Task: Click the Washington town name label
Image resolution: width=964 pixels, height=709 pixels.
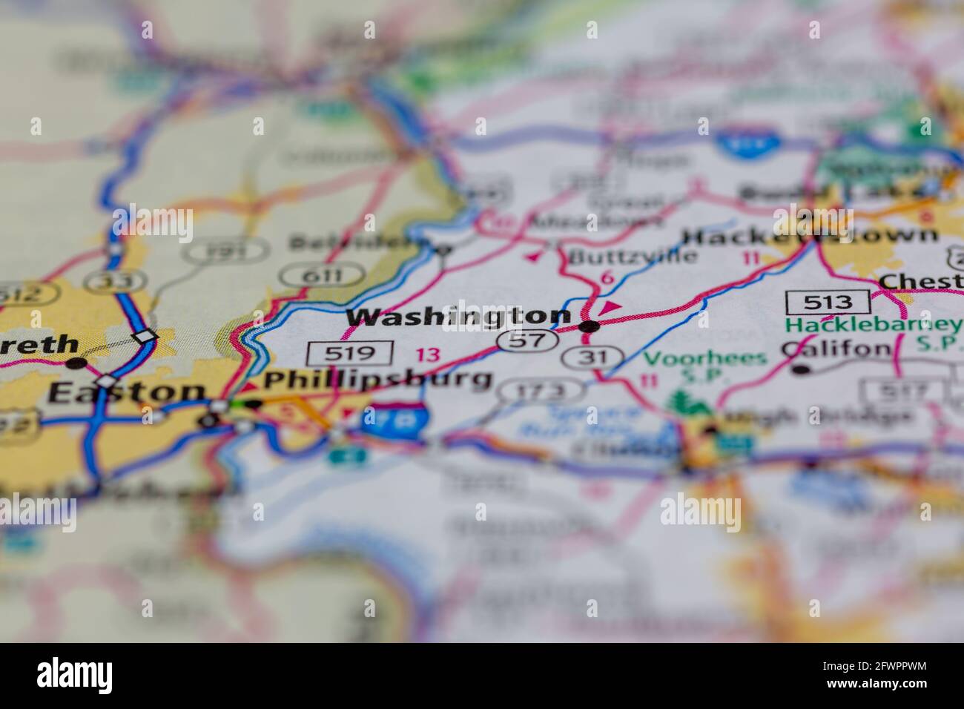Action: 458,318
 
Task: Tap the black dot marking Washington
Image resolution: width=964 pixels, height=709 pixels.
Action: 590,326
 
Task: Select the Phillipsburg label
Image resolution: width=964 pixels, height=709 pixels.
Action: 378,380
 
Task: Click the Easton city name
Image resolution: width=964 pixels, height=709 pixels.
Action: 126,392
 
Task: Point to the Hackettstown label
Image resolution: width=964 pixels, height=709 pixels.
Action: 808,237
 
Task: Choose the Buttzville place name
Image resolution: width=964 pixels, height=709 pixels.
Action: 633,257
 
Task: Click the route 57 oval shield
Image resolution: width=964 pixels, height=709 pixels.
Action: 527,340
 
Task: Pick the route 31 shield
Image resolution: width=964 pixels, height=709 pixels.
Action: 590,357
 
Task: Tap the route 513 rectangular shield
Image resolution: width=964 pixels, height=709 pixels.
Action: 828,302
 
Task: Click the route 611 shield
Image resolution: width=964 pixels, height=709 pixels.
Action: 326,275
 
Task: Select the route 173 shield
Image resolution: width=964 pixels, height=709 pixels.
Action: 541,391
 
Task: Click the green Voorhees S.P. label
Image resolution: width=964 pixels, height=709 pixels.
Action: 704,366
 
